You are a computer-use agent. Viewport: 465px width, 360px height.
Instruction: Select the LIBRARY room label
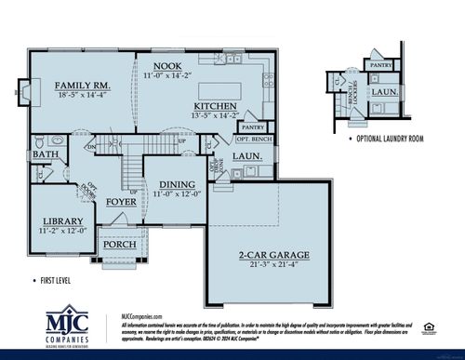coord(61,220)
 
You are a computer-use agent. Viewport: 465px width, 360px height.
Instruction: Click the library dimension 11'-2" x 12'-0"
coord(61,230)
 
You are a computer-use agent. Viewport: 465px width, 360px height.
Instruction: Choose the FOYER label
coord(121,200)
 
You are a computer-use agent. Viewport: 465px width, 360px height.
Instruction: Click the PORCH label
coord(120,245)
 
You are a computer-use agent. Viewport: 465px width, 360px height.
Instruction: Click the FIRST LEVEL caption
coord(49,279)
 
